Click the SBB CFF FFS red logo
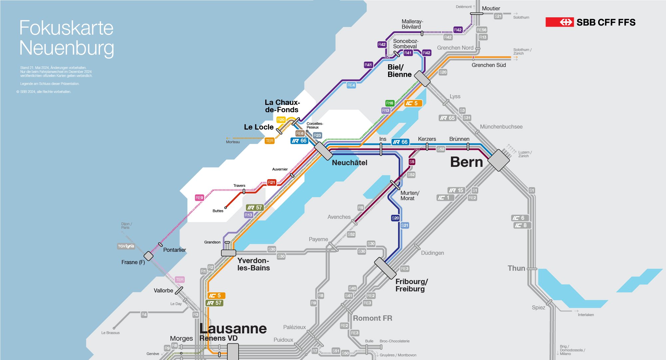[559, 22]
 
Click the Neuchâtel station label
[349, 163]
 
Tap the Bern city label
[466, 162]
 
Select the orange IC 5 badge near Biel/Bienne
[413, 104]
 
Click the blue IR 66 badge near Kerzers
[400, 142]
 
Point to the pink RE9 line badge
[199, 198]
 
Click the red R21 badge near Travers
[272, 182]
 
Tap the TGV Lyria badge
[126, 246]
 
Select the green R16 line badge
[389, 103]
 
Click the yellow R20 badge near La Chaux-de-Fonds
[281, 120]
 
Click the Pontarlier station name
[174, 250]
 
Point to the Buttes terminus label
[218, 211]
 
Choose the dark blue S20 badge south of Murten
[395, 218]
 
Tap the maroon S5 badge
[412, 162]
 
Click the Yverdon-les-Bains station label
[253, 264]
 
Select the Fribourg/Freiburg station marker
[385, 268]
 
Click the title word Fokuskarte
[66, 28]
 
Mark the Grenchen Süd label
[489, 65]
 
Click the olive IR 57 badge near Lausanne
[214, 303]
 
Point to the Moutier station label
[491, 9]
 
